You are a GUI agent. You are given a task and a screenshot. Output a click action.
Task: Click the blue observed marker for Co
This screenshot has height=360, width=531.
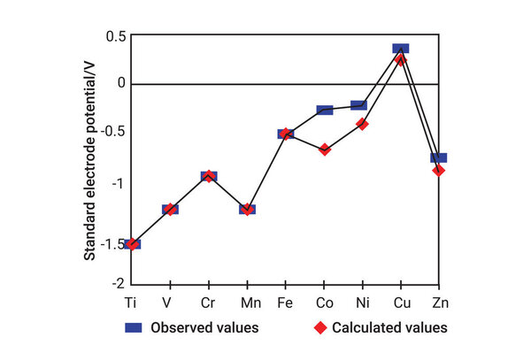(x=324, y=110)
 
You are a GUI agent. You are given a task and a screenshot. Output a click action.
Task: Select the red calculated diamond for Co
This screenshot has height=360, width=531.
(x=325, y=149)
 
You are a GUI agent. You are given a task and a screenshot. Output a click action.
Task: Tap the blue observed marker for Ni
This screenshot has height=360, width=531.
(x=359, y=105)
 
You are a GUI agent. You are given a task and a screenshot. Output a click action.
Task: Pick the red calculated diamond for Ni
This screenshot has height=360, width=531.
(x=362, y=124)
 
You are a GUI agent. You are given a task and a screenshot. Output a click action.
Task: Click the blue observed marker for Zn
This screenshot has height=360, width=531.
(x=438, y=157)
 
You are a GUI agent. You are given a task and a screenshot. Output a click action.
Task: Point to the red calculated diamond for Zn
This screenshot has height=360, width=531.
(x=438, y=170)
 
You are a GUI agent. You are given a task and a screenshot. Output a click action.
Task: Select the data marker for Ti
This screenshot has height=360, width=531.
(x=132, y=243)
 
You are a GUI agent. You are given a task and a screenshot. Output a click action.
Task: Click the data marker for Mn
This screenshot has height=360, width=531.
(x=247, y=210)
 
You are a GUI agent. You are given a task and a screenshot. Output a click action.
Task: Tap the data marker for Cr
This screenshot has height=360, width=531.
(x=208, y=176)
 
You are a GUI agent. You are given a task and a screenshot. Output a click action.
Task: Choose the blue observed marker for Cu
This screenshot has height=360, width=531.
(x=401, y=49)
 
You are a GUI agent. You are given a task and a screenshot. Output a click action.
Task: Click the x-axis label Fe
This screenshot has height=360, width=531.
(x=285, y=301)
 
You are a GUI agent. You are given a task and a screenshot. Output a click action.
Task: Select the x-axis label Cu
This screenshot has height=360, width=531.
(x=401, y=301)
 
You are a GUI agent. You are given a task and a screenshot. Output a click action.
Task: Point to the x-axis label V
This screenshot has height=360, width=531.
(x=169, y=301)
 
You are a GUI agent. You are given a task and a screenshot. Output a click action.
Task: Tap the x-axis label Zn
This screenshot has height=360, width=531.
(x=438, y=301)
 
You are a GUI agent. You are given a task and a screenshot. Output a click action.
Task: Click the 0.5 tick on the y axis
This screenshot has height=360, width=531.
(x=115, y=36)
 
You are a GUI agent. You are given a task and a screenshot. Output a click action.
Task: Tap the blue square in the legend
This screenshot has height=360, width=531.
(x=133, y=327)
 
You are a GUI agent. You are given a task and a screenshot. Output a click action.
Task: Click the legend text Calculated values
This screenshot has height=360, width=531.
(x=389, y=327)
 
